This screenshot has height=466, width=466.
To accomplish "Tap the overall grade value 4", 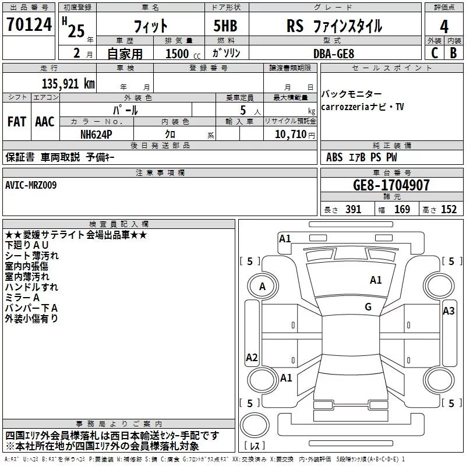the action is (x=444, y=27).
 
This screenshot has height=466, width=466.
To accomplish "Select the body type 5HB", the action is (x=221, y=27).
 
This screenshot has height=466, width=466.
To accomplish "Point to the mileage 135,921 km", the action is (x=68, y=83).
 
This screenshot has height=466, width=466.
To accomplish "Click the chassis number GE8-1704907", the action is (x=391, y=185).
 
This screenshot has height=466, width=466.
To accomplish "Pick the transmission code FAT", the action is (x=16, y=122).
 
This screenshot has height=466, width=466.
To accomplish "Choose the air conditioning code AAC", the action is (x=45, y=122).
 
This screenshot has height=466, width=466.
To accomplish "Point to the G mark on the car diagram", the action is (x=368, y=307).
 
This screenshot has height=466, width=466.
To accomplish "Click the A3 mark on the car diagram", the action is (x=449, y=311).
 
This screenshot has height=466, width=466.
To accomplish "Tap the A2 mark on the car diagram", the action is (x=252, y=358).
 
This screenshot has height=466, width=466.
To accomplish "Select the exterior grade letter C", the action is (x=434, y=53).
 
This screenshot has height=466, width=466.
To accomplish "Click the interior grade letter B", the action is (x=453, y=53).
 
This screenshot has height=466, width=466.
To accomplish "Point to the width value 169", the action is (x=402, y=210).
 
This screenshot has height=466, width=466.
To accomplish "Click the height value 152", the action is (x=449, y=210).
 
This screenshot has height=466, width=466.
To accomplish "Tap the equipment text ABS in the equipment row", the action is (x=334, y=157).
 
